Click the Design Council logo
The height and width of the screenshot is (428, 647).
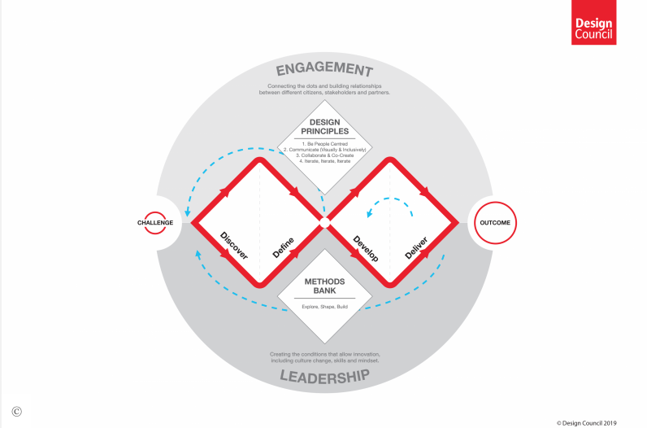[593, 23]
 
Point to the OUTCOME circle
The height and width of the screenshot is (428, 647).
[496, 221]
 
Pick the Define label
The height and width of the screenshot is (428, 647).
[283, 247]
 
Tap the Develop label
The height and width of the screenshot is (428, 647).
[366, 247]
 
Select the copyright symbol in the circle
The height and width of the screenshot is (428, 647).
[16, 411]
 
